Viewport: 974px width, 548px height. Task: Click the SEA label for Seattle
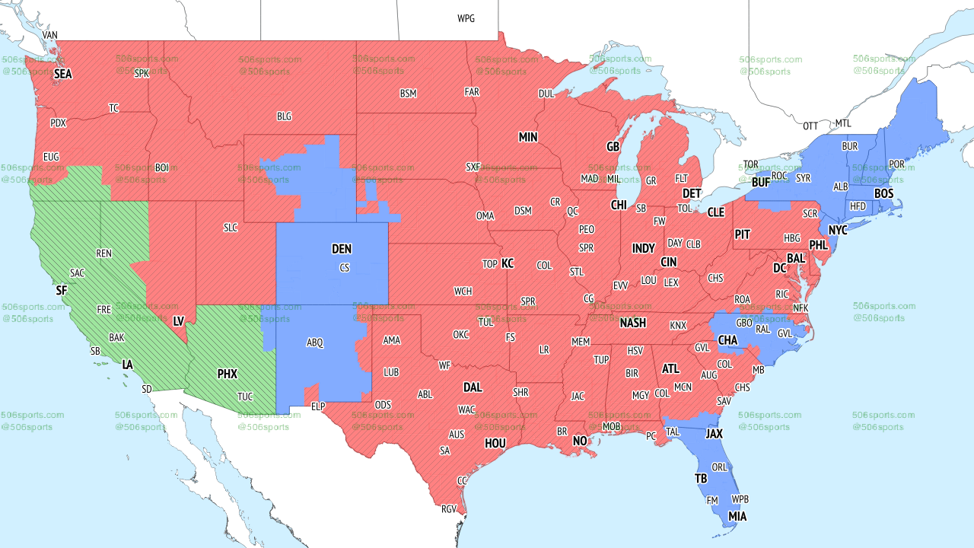(x=62, y=75)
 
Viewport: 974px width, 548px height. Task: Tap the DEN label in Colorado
(x=342, y=249)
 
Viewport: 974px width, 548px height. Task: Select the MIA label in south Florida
(x=737, y=517)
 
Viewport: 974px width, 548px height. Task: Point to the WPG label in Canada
(x=466, y=18)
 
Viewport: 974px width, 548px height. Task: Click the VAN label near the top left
(x=50, y=36)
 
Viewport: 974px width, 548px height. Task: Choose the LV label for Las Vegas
(x=179, y=321)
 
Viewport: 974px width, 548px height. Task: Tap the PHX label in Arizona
(x=228, y=374)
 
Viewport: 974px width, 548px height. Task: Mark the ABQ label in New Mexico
(x=315, y=343)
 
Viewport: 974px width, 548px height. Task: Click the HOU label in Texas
(x=495, y=443)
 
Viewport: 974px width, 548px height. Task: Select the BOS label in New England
(x=883, y=194)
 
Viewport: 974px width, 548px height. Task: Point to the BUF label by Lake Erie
(x=760, y=183)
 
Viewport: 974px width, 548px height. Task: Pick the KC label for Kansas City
(x=508, y=264)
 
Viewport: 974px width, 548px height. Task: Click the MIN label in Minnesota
(x=528, y=138)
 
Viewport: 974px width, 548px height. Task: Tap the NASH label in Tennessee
(x=632, y=323)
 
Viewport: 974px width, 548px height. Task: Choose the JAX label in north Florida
(x=714, y=434)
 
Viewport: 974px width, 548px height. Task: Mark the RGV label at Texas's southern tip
(x=449, y=509)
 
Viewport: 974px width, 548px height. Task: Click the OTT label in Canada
(x=810, y=126)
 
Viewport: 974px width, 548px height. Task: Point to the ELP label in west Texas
(x=318, y=407)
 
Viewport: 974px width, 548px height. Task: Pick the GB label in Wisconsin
(x=613, y=147)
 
